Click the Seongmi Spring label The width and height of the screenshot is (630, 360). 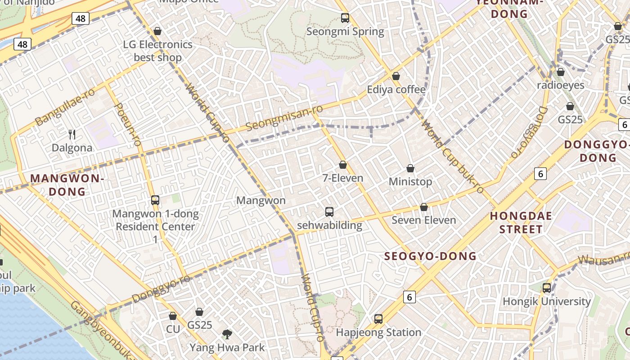coord(345,31)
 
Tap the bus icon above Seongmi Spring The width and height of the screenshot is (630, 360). coord(345,18)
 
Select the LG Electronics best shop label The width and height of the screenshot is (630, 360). coord(157,51)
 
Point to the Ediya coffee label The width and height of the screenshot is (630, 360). coord(396,90)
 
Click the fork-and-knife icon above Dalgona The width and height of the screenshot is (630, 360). coord(72,134)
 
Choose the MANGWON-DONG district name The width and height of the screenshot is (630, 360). coord(67,185)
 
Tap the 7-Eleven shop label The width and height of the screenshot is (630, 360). coord(343,178)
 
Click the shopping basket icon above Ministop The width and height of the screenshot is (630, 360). coord(410,169)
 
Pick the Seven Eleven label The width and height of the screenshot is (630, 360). coord(423,220)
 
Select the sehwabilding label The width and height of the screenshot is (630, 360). coord(329,225)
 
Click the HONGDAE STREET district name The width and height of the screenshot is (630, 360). coord(521,223)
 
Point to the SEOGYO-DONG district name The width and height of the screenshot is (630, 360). coord(430,256)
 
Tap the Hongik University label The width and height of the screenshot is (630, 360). coord(546,301)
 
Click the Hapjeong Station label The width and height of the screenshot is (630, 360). coord(378,333)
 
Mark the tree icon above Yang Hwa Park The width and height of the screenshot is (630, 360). coord(227,334)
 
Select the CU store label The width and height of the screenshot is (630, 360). coord(173,329)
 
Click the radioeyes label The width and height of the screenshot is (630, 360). coord(561,85)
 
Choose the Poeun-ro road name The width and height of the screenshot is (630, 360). coord(128,124)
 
